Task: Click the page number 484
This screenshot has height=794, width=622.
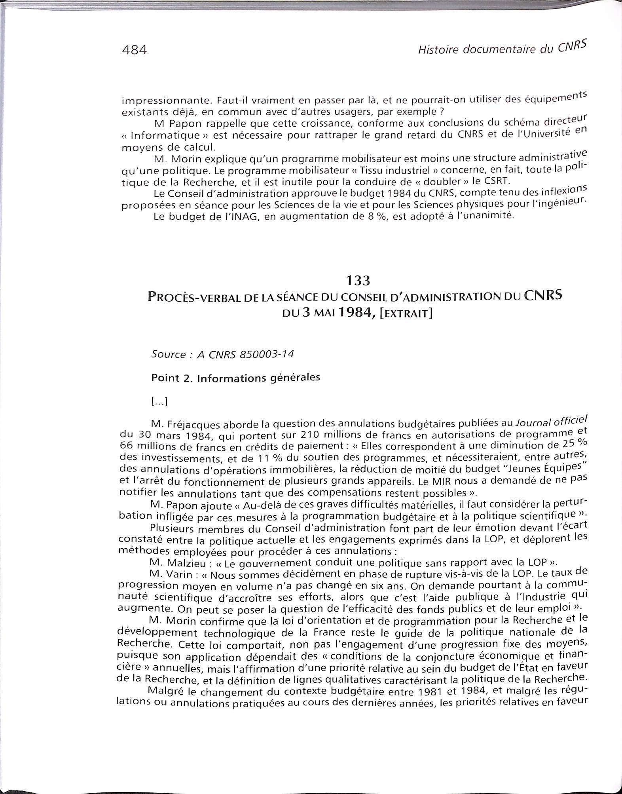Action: coord(134,50)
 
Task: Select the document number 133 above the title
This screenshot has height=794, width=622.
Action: coord(358,280)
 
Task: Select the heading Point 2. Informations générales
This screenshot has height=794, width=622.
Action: coord(235,378)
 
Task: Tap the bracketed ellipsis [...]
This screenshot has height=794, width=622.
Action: coord(159,402)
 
